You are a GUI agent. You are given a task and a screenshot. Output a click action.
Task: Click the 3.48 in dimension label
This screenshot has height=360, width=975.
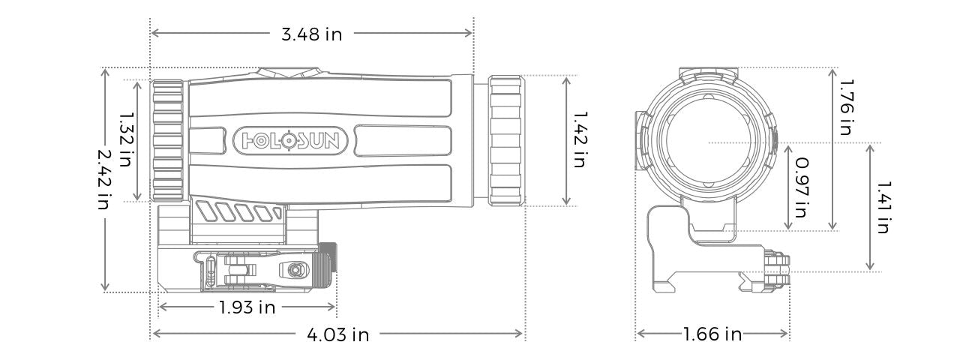311,34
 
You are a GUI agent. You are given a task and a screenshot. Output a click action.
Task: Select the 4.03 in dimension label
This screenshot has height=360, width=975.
337,334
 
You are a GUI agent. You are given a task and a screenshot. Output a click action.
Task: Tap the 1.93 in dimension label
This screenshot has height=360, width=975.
247,307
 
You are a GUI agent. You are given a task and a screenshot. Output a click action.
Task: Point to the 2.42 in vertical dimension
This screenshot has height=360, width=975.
107,179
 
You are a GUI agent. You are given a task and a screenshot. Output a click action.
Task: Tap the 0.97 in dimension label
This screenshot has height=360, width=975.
801,187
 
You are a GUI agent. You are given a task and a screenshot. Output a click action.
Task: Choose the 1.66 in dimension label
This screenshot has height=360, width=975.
712,334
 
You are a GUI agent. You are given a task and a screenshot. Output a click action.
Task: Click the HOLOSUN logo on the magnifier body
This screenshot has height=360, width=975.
291,139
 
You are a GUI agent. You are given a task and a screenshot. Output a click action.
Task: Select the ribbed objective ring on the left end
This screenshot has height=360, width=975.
167,140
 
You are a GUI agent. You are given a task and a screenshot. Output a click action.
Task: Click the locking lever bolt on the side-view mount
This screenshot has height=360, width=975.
293,268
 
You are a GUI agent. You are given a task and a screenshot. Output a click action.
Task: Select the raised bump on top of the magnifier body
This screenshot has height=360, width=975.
288,73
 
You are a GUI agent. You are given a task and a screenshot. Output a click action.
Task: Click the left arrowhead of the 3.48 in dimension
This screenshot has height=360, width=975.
154,33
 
